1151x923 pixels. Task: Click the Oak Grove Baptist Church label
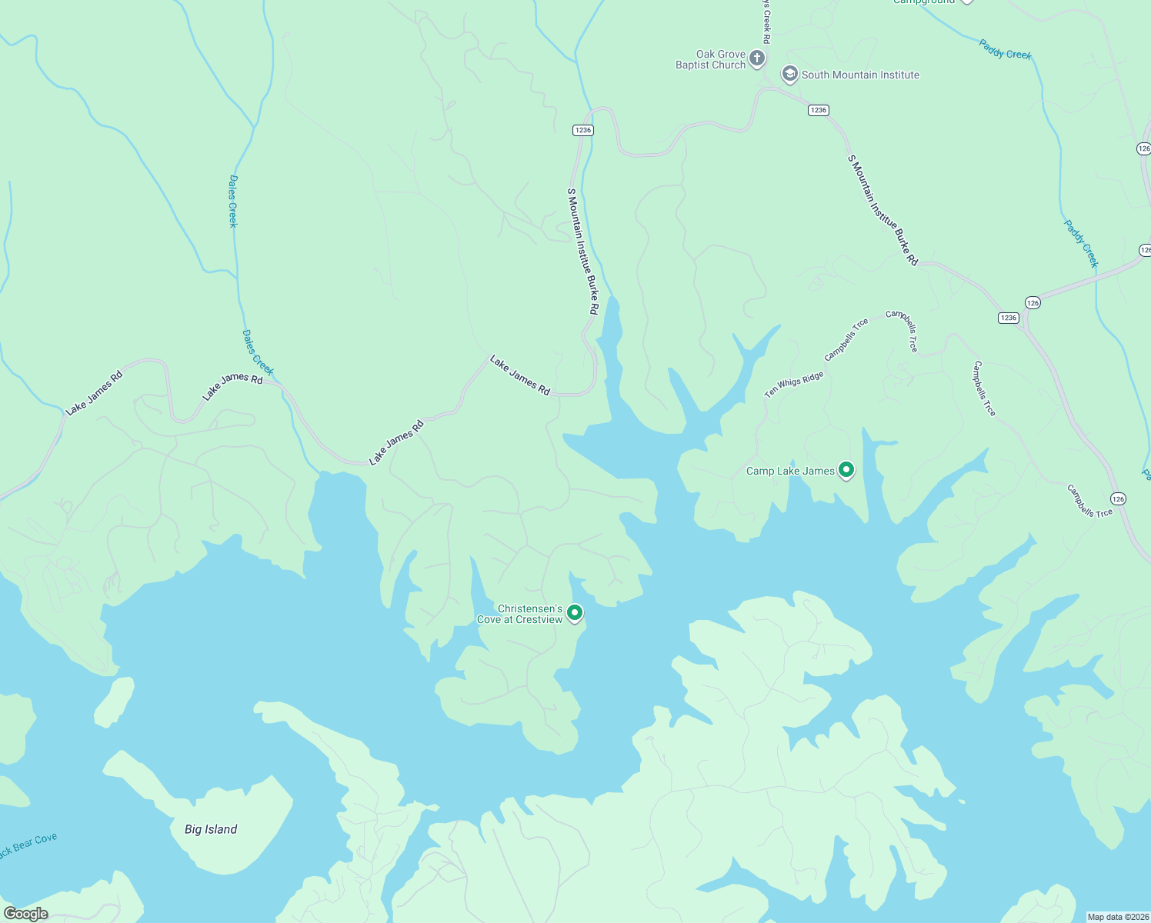tap(710, 60)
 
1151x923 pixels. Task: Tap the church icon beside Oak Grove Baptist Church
tap(757, 58)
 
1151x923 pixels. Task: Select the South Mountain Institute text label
tap(860, 75)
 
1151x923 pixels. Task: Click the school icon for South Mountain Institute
tap(789, 74)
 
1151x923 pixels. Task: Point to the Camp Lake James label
tap(790, 471)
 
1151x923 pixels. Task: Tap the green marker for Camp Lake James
tap(846, 469)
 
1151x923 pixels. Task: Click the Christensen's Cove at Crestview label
tap(519, 614)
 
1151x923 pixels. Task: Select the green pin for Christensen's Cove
tap(575, 612)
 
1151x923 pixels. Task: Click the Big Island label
tap(211, 829)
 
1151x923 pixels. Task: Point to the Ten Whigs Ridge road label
tap(793, 385)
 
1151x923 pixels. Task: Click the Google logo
tap(25, 914)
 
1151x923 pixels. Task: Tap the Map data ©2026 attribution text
tap(1117, 917)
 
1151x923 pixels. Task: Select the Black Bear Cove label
tap(28, 845)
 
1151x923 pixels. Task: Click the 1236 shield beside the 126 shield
tap(1008, 318)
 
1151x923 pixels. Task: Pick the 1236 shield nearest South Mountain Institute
tap(818, 110)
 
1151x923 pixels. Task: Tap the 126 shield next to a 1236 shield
tap(1033, 303)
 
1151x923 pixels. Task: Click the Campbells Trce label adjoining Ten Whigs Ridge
tap(846, 339)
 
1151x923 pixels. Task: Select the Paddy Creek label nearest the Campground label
tap(1005, 49)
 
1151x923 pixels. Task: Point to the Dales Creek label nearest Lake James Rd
tap(258, 352)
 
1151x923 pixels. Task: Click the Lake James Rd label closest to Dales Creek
tap(232, 386)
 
